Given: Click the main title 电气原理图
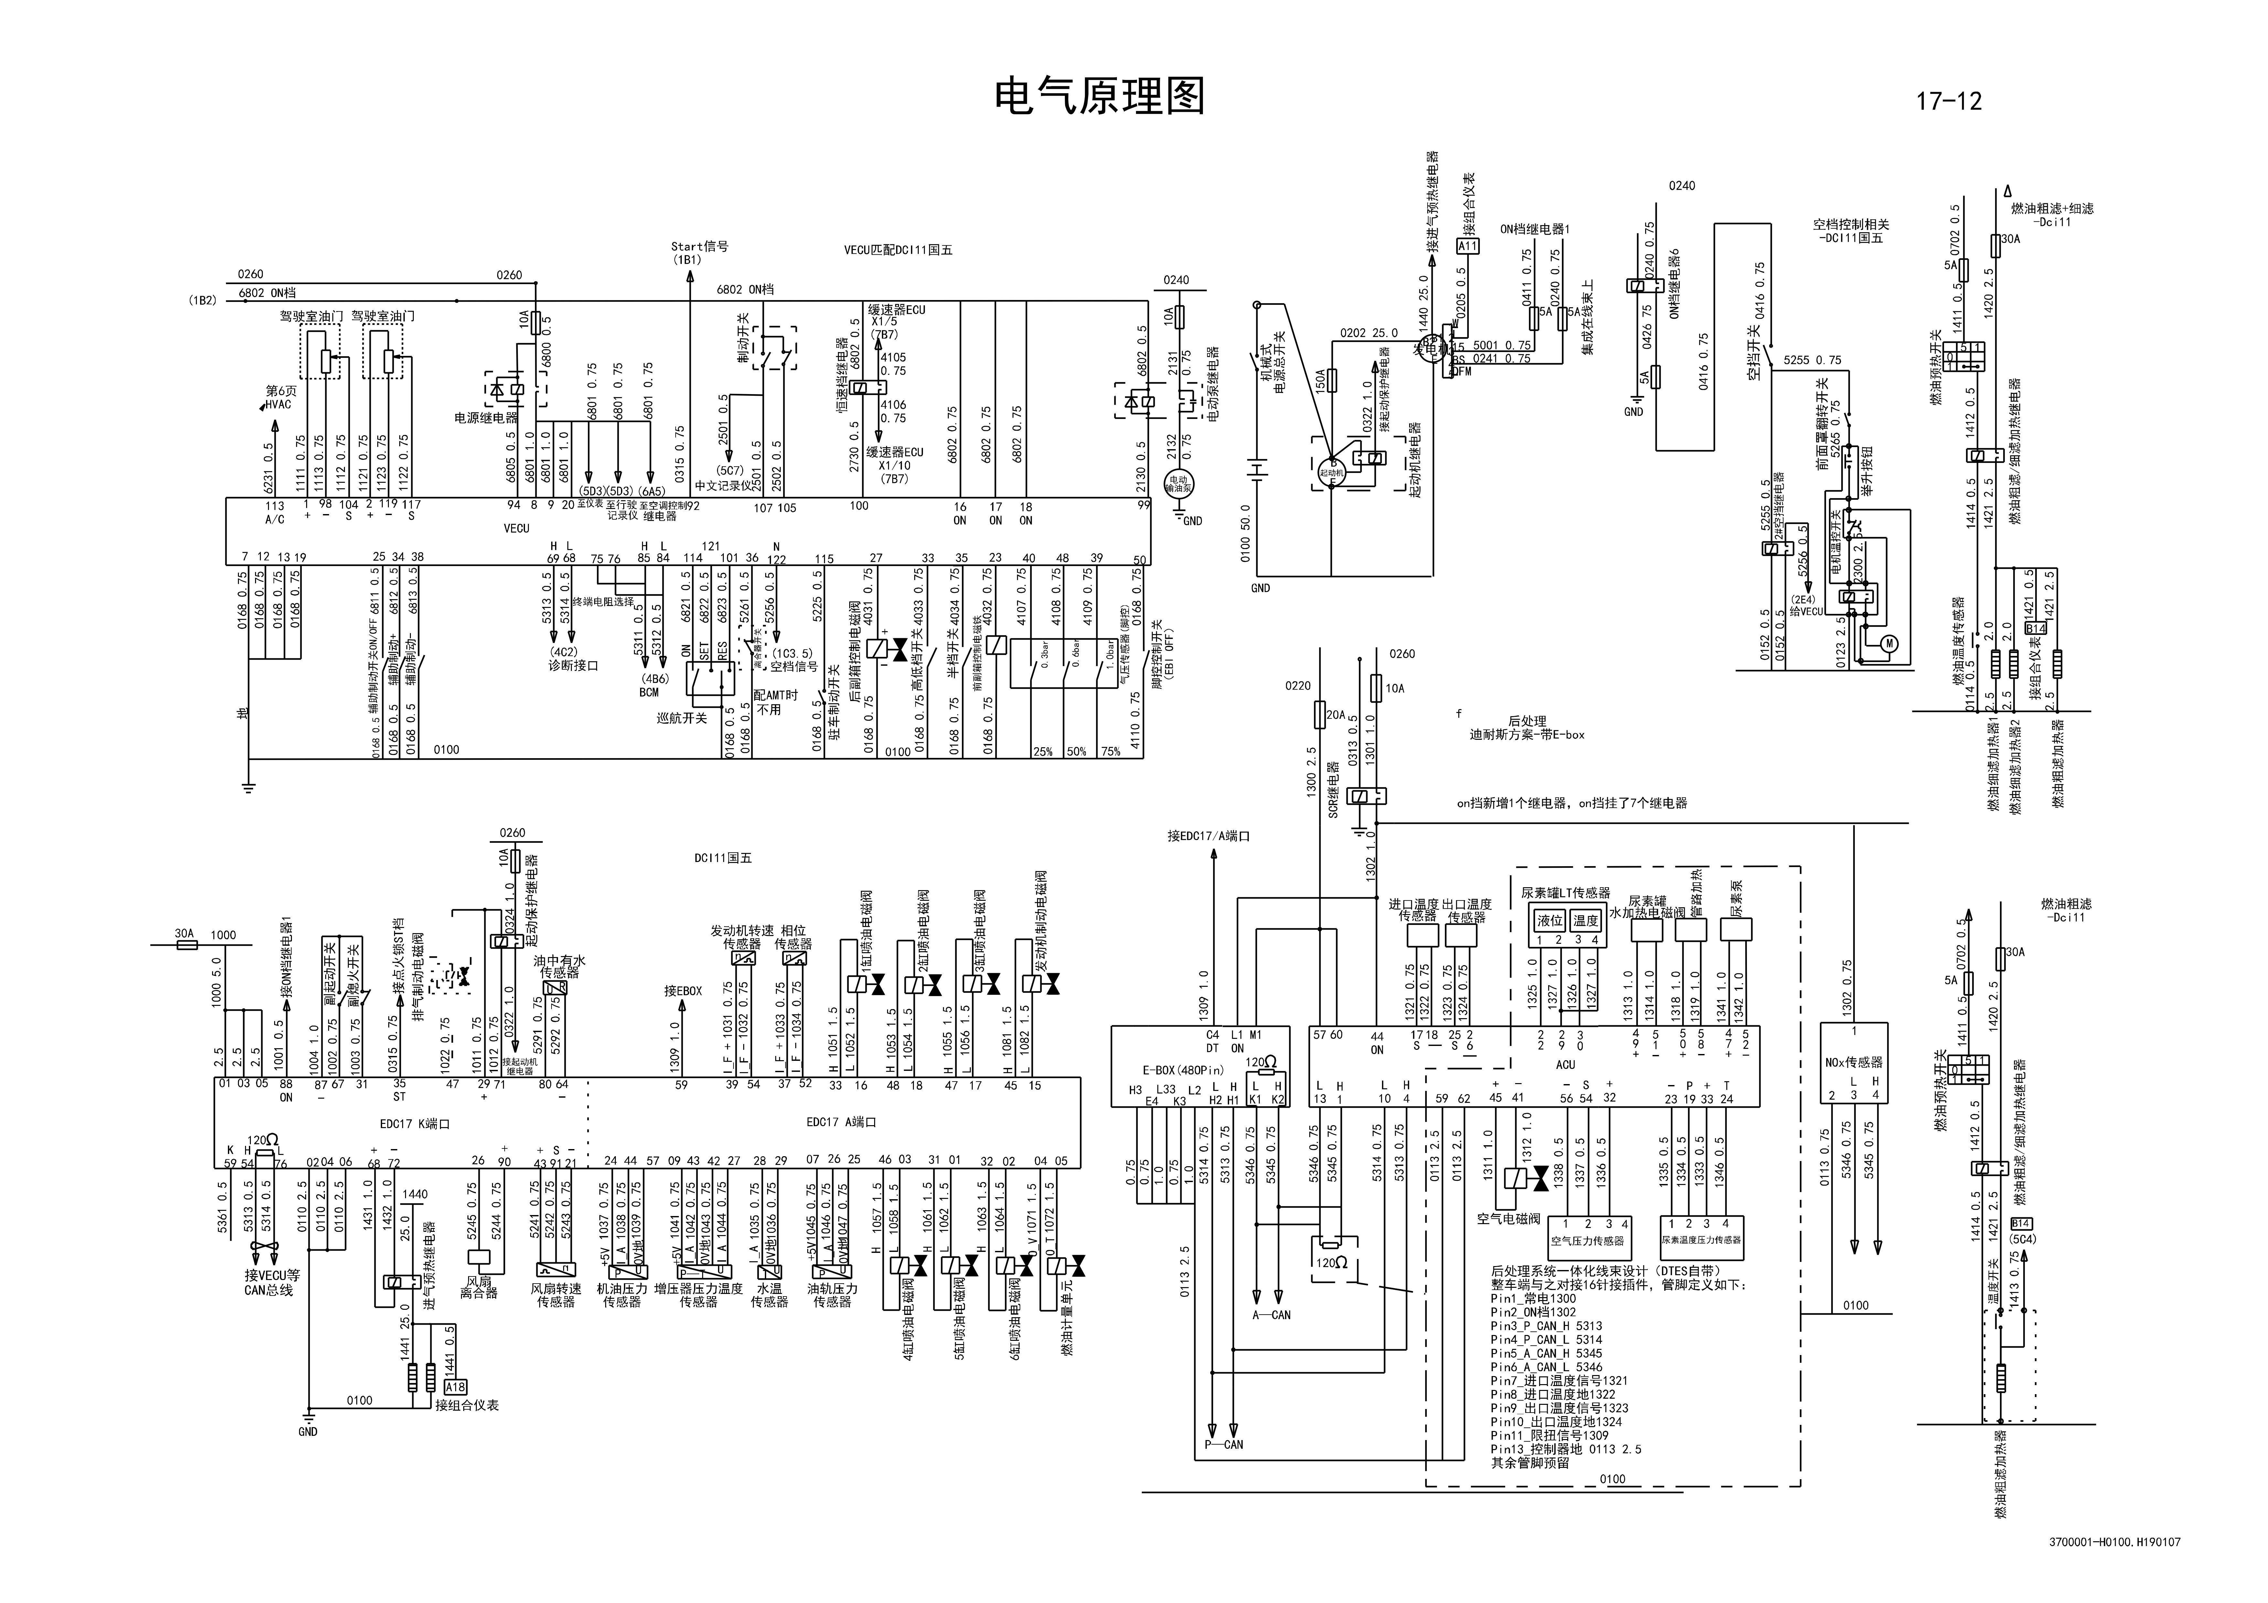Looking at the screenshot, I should click(1098, 97).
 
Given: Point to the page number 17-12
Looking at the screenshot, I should click(1948, 101).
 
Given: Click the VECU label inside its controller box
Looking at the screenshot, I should click(517, 528).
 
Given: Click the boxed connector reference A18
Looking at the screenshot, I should click(455, 1387).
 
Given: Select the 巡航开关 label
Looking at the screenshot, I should click(681, 718).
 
